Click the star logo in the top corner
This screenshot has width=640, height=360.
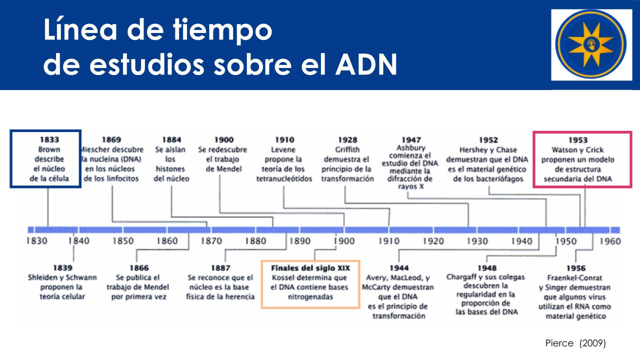[591, 44]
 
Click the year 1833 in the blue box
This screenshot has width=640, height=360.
[49, 139]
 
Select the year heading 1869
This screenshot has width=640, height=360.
[111, 139]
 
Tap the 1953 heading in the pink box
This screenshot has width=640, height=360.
[577, 140]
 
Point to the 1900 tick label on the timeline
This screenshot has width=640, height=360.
[344, 241]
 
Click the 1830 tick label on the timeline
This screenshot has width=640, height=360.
[37, 241]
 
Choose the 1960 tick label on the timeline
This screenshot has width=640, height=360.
[610, 241]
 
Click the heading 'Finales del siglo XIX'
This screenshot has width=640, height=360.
[310, 268]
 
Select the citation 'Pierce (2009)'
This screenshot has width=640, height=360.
[575, 343]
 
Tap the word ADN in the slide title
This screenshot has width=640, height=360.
[366, 64]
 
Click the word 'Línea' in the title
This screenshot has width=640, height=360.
[80, 29]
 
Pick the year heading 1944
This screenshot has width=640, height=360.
[399, 268]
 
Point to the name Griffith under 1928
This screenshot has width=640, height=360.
[347, 149]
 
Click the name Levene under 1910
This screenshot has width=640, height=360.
[283, 149]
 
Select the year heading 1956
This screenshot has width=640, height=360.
[576, 268]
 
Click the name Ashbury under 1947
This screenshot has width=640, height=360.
[411, 148]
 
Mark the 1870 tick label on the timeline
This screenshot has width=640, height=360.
[211, 241]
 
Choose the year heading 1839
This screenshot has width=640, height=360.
[62, 268]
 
